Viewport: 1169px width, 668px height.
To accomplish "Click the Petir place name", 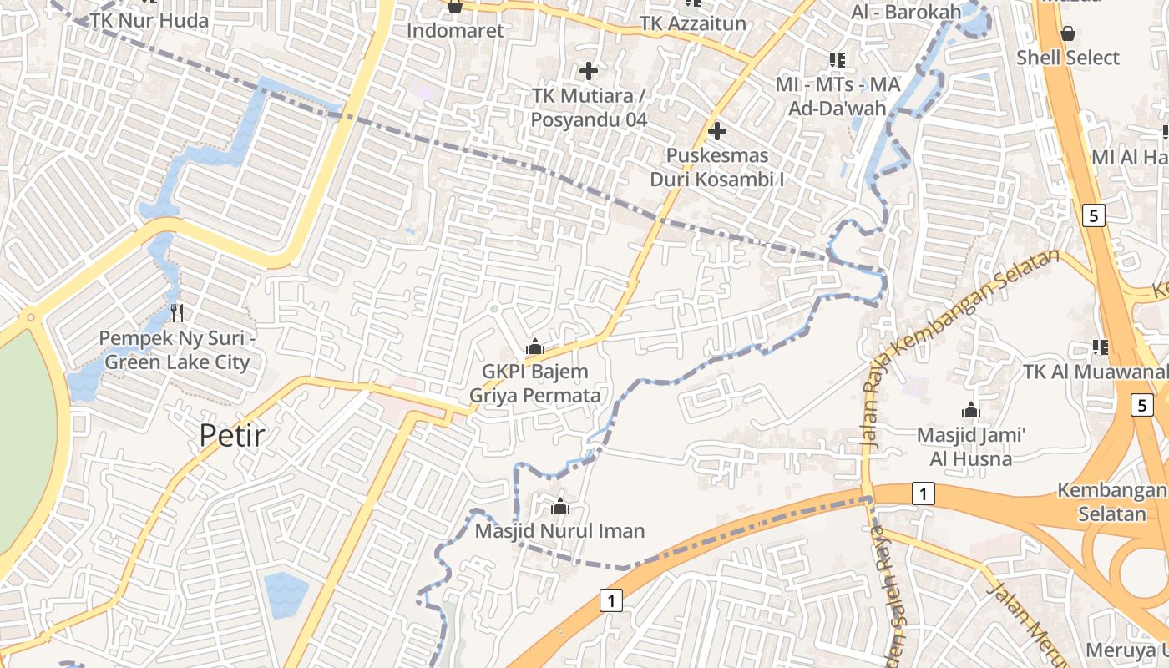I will point(232,435).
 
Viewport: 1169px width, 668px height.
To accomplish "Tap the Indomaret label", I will point(455,31).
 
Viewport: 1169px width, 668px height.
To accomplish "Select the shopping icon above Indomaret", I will point(455,8).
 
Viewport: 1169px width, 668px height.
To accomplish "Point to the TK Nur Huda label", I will point(149,20).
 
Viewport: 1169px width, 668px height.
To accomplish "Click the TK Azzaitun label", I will point(693,23).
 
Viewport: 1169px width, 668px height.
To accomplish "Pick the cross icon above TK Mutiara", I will point(589,71).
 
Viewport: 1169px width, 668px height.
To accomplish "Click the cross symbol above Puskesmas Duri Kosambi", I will point(716,131).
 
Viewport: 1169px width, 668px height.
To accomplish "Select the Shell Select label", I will point(1067,58).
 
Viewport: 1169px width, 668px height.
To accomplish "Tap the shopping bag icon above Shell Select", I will point(1067,33).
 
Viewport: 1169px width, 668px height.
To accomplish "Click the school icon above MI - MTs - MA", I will point(838,59).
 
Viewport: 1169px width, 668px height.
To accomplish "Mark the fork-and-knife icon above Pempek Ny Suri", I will point(176,313).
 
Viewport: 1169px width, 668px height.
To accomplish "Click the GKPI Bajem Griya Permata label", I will point(535,383).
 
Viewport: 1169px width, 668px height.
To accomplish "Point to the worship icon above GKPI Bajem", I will point(535,347).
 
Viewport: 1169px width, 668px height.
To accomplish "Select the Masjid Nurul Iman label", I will point(559,531).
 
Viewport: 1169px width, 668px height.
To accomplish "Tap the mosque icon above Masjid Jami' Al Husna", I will point(970,410).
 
